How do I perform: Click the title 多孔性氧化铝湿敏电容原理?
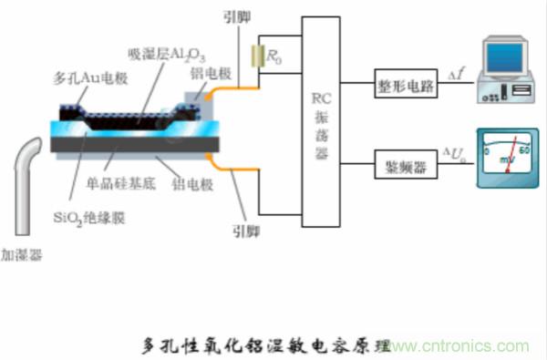[x=265, y=345]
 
